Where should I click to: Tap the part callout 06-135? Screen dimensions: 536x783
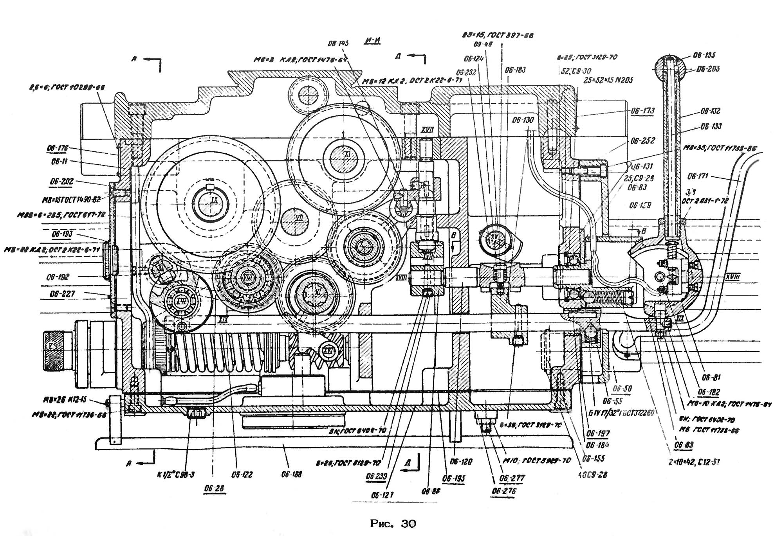[x=704, y=55]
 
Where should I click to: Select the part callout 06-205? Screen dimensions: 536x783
[x=708, y=69]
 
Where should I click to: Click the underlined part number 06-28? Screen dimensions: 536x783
[x=215, y=488]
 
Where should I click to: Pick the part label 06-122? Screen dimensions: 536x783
[x=242, y=475]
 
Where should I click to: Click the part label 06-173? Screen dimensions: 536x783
[x=642, y=111]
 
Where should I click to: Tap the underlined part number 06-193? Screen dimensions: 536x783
[x=62, y=234]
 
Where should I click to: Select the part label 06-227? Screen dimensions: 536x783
[x=62, y=294]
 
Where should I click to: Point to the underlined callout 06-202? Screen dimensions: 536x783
[x=62, y=182]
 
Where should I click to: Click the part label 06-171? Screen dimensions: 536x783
[x=698, y=177]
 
